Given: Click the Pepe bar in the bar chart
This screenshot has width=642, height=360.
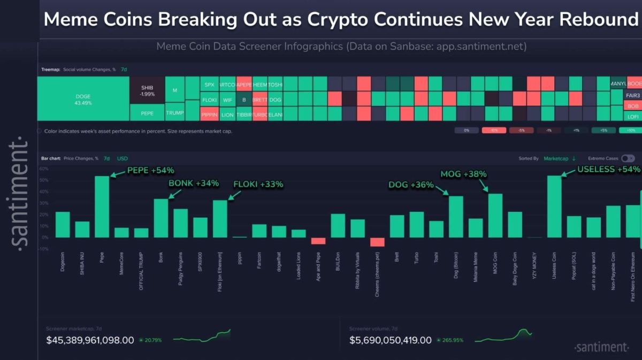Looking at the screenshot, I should (102, 207).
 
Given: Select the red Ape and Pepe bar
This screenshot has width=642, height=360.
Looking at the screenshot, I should (318, 241).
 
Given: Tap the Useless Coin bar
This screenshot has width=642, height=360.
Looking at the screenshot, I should (554, 206).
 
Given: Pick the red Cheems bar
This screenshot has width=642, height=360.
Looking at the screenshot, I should (377, 242).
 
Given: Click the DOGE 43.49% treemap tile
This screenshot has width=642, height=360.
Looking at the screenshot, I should (83, 99).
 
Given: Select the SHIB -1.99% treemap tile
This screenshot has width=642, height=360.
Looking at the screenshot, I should (147, 90).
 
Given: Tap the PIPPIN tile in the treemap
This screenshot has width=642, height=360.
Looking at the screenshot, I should (209, 114).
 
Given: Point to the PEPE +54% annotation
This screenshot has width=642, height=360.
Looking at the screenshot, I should (150, 171).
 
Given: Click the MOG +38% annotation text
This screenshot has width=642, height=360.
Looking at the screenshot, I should (463, 174).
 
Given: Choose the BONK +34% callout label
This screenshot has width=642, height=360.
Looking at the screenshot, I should (194, 183).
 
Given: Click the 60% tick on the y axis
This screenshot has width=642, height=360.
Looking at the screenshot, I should (44, 168).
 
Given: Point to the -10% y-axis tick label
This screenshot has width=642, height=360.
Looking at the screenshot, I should (43, 249).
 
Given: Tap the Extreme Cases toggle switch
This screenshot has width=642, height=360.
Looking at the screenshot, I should (628, 158).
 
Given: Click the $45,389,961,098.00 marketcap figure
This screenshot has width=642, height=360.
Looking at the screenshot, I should (90, 340).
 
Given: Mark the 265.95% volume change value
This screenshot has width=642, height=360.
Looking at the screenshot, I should (453, 340).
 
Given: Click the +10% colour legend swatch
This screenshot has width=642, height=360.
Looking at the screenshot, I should (630, 130).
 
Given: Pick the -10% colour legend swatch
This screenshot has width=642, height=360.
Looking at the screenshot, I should (494, 130).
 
